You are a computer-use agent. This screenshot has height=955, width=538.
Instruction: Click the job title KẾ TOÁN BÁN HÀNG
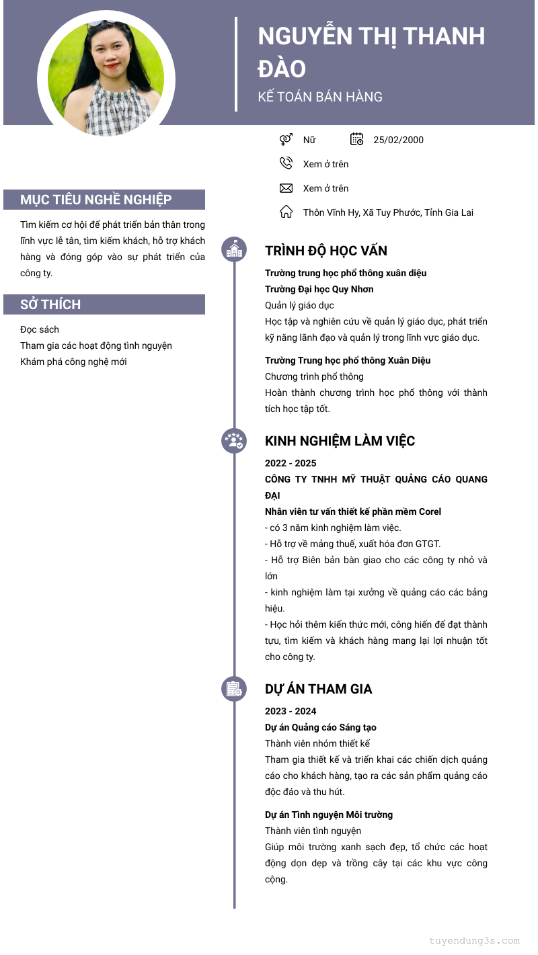(320, 97)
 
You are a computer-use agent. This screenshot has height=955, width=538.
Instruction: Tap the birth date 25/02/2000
(398, 140)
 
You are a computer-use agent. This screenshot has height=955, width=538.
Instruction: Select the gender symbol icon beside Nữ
(286, 140)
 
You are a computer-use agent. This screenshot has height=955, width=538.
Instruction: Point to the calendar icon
(357, 139)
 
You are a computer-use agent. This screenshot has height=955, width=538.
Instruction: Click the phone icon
(286, 163)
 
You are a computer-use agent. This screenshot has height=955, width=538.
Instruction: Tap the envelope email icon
(286, 188)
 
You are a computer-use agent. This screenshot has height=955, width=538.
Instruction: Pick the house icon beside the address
(286, 212)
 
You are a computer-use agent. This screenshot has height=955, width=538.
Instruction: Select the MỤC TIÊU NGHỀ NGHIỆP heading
(96, 200)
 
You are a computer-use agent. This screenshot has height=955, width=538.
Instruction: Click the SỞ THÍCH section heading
(50, 304)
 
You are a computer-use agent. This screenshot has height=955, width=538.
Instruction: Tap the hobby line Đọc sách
(40, 329)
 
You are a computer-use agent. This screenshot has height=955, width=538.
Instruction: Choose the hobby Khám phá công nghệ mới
(73, 362)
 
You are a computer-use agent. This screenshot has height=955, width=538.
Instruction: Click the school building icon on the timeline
(234, 250)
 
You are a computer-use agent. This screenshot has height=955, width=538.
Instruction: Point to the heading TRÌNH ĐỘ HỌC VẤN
(326, 251)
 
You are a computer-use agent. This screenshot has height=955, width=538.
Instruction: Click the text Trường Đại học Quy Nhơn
(319, 289)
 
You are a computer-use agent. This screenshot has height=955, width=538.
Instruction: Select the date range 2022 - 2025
(291, 463)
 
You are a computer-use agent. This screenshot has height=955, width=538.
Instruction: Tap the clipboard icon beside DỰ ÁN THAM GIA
(234, 689)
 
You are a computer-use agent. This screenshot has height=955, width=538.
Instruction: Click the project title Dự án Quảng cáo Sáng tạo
(321, 727)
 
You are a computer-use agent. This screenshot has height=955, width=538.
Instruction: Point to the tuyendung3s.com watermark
(474, 941)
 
